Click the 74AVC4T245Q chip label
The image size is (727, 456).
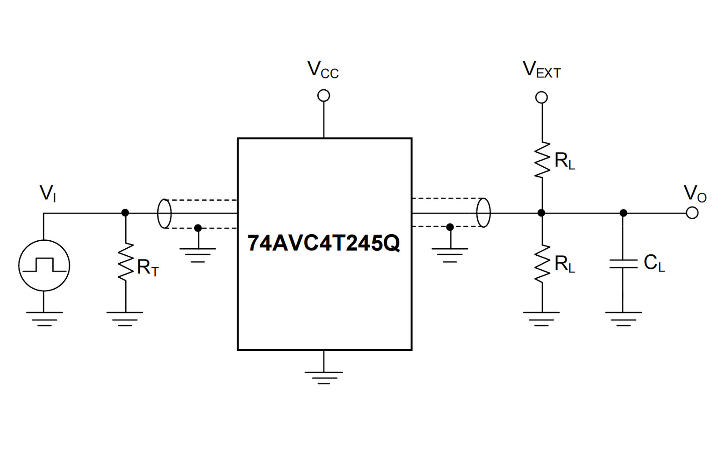pos(324,243)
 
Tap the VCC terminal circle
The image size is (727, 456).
pos(324,96)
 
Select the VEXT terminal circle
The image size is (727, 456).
pos(542,97)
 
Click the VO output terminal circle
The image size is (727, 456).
pos(692,213)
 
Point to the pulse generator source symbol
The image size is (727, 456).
pos(44,265)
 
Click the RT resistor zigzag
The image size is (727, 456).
pos(126,262)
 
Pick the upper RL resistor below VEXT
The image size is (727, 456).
pos(542,160)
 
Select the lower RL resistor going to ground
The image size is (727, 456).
pos(542,263)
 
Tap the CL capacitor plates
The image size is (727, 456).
pos(623,264)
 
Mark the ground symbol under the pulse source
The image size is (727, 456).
pos(44,318)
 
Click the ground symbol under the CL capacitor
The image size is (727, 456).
pos(623,318)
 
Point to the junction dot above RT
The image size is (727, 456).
pos(125,213)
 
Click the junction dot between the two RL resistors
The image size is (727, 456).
pos(542,213)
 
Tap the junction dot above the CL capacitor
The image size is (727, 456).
pos(623,213)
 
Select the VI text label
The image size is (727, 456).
pos(48,193)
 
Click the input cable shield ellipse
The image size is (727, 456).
pos(164,213)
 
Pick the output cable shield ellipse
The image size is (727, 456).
pos(483,213)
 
